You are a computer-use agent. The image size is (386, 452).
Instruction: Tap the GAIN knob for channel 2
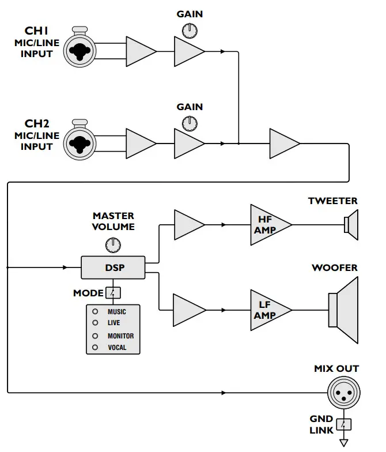click(x=189, y=122)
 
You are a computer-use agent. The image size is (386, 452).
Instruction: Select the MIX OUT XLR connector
click(x=345, y=394)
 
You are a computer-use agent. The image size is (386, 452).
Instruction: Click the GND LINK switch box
click(x=345, y=425)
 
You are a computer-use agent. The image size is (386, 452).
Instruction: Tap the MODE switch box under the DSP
click(x=113, y=293)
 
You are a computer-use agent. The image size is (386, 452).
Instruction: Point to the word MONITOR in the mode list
click(x=120, y=336)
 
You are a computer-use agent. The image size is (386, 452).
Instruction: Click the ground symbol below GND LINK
click(x=345, y=443)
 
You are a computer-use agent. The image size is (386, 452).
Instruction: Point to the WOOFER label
click(x=335, y=268)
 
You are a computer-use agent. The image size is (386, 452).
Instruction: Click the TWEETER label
click(x=332, y=201)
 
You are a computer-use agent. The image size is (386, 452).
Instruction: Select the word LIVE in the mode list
click(x=114, y=323)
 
